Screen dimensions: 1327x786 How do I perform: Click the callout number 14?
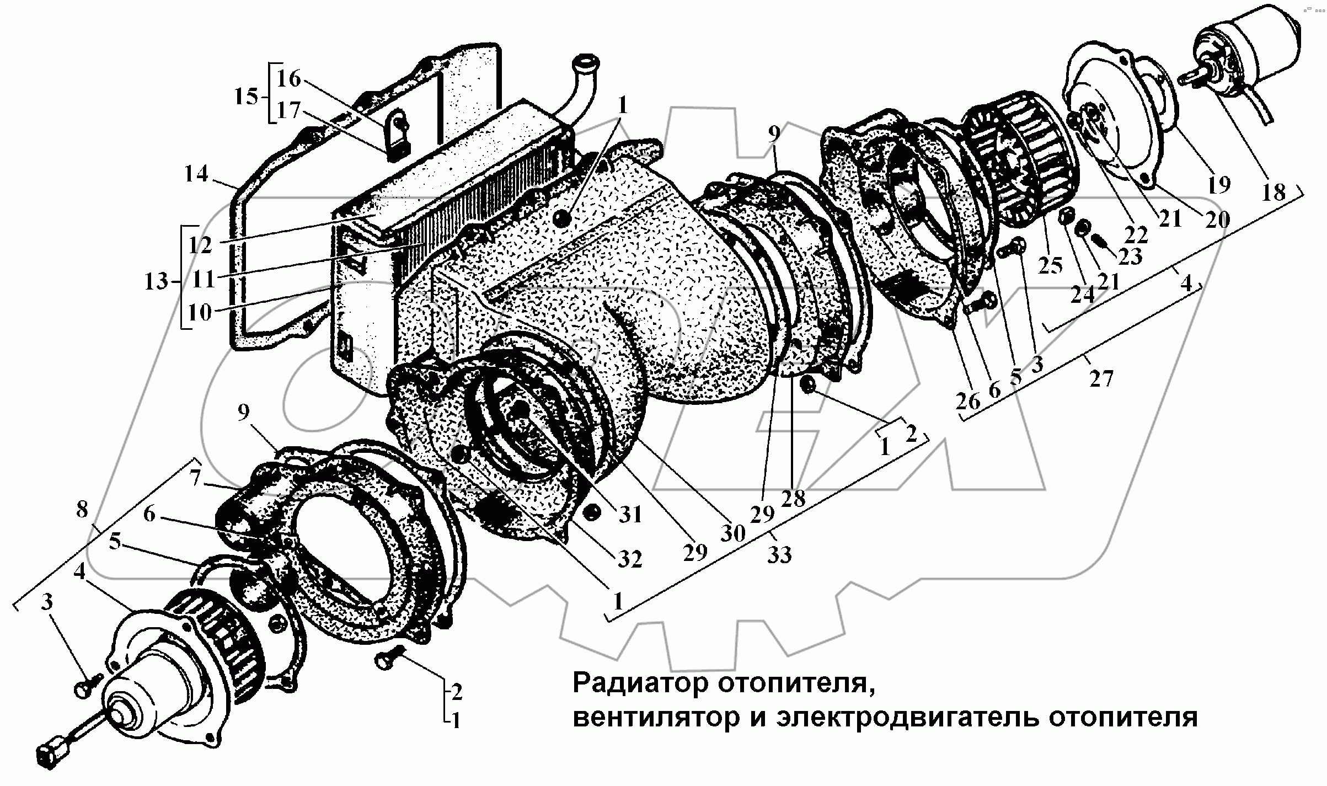(x=196, y=174)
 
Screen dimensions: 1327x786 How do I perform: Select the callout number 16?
(x=288, y=79)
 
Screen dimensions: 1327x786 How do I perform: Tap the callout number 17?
(x=288, y=110)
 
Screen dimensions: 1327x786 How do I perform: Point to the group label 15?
(x=246, y=97)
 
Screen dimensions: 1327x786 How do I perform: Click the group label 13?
(x=156, y=282)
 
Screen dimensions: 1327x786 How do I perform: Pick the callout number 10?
(x=200, y=312)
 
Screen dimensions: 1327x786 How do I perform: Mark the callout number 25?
(x=1050, y=265)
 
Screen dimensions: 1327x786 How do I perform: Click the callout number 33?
(x=779, y=555)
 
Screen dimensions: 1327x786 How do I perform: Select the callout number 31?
(x=630, y=515)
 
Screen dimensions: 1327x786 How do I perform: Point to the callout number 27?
(x=1101, y=379)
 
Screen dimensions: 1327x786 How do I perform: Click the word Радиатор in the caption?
(x=640, y=683)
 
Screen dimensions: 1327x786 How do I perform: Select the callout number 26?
(x=968, y=401)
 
